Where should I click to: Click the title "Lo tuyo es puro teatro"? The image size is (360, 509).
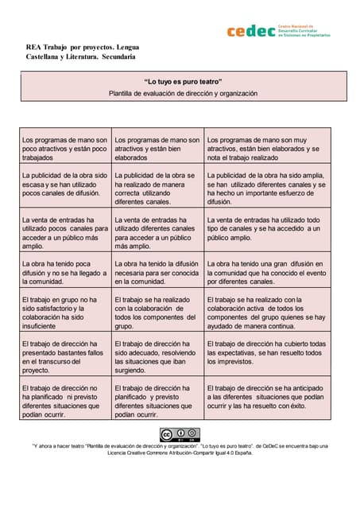(183, 81)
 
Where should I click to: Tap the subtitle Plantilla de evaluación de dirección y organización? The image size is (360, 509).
(183, 93)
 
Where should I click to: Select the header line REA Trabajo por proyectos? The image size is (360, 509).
(83, 47)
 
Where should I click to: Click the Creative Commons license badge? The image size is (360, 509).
(180, 434)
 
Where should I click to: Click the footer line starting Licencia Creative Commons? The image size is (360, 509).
(180, 454)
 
